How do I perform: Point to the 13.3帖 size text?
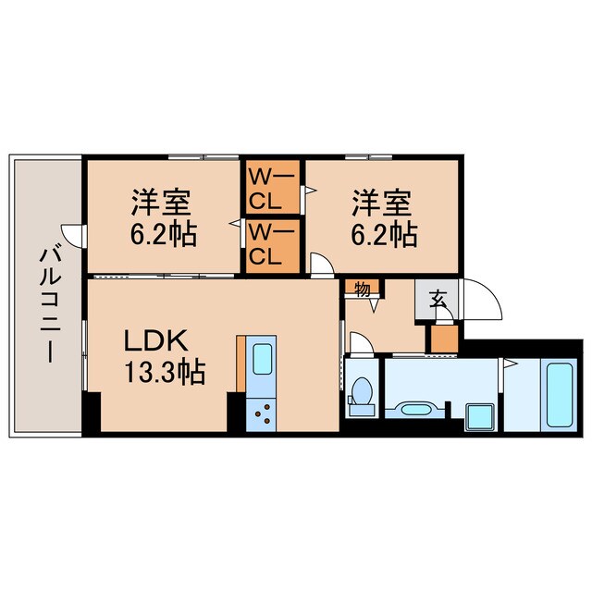coord(166,374)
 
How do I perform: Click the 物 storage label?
coord(363,290)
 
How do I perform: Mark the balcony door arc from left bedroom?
coord(72,235)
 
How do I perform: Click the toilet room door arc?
coord(362,343)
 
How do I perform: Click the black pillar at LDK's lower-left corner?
coord(91,412)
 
